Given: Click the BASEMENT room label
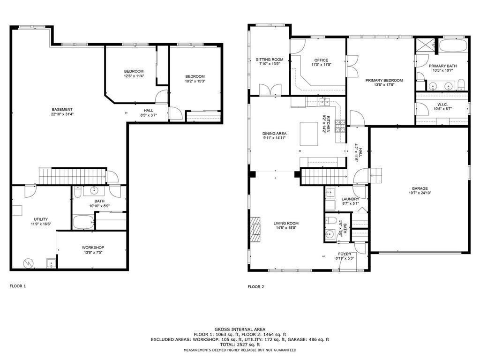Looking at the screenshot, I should tap(62, 109).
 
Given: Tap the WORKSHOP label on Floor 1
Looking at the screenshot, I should tap(93, 247).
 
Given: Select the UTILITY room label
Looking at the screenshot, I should tap(40, 219).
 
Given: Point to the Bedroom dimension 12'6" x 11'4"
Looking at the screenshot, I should tap(134, 76).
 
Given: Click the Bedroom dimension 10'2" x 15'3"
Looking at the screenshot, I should tap(195, 81).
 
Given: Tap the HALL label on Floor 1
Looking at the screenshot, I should tap(149, 111).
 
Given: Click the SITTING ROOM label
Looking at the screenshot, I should tap(270, 60).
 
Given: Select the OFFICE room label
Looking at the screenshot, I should tap(321, 60).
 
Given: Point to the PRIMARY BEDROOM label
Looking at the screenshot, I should tap(384, 80).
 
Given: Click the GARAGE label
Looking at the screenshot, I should tap(420, 188).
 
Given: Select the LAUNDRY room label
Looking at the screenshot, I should tap(350, 199).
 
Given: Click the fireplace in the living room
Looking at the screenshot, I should tap(255, 229).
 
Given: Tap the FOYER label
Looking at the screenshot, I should tap(345, 254).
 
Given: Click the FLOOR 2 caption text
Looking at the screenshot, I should tap(256, 286).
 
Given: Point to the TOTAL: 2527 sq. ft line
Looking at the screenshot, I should tap(240, 345).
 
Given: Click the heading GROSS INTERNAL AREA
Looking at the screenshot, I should tap(240, 329).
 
